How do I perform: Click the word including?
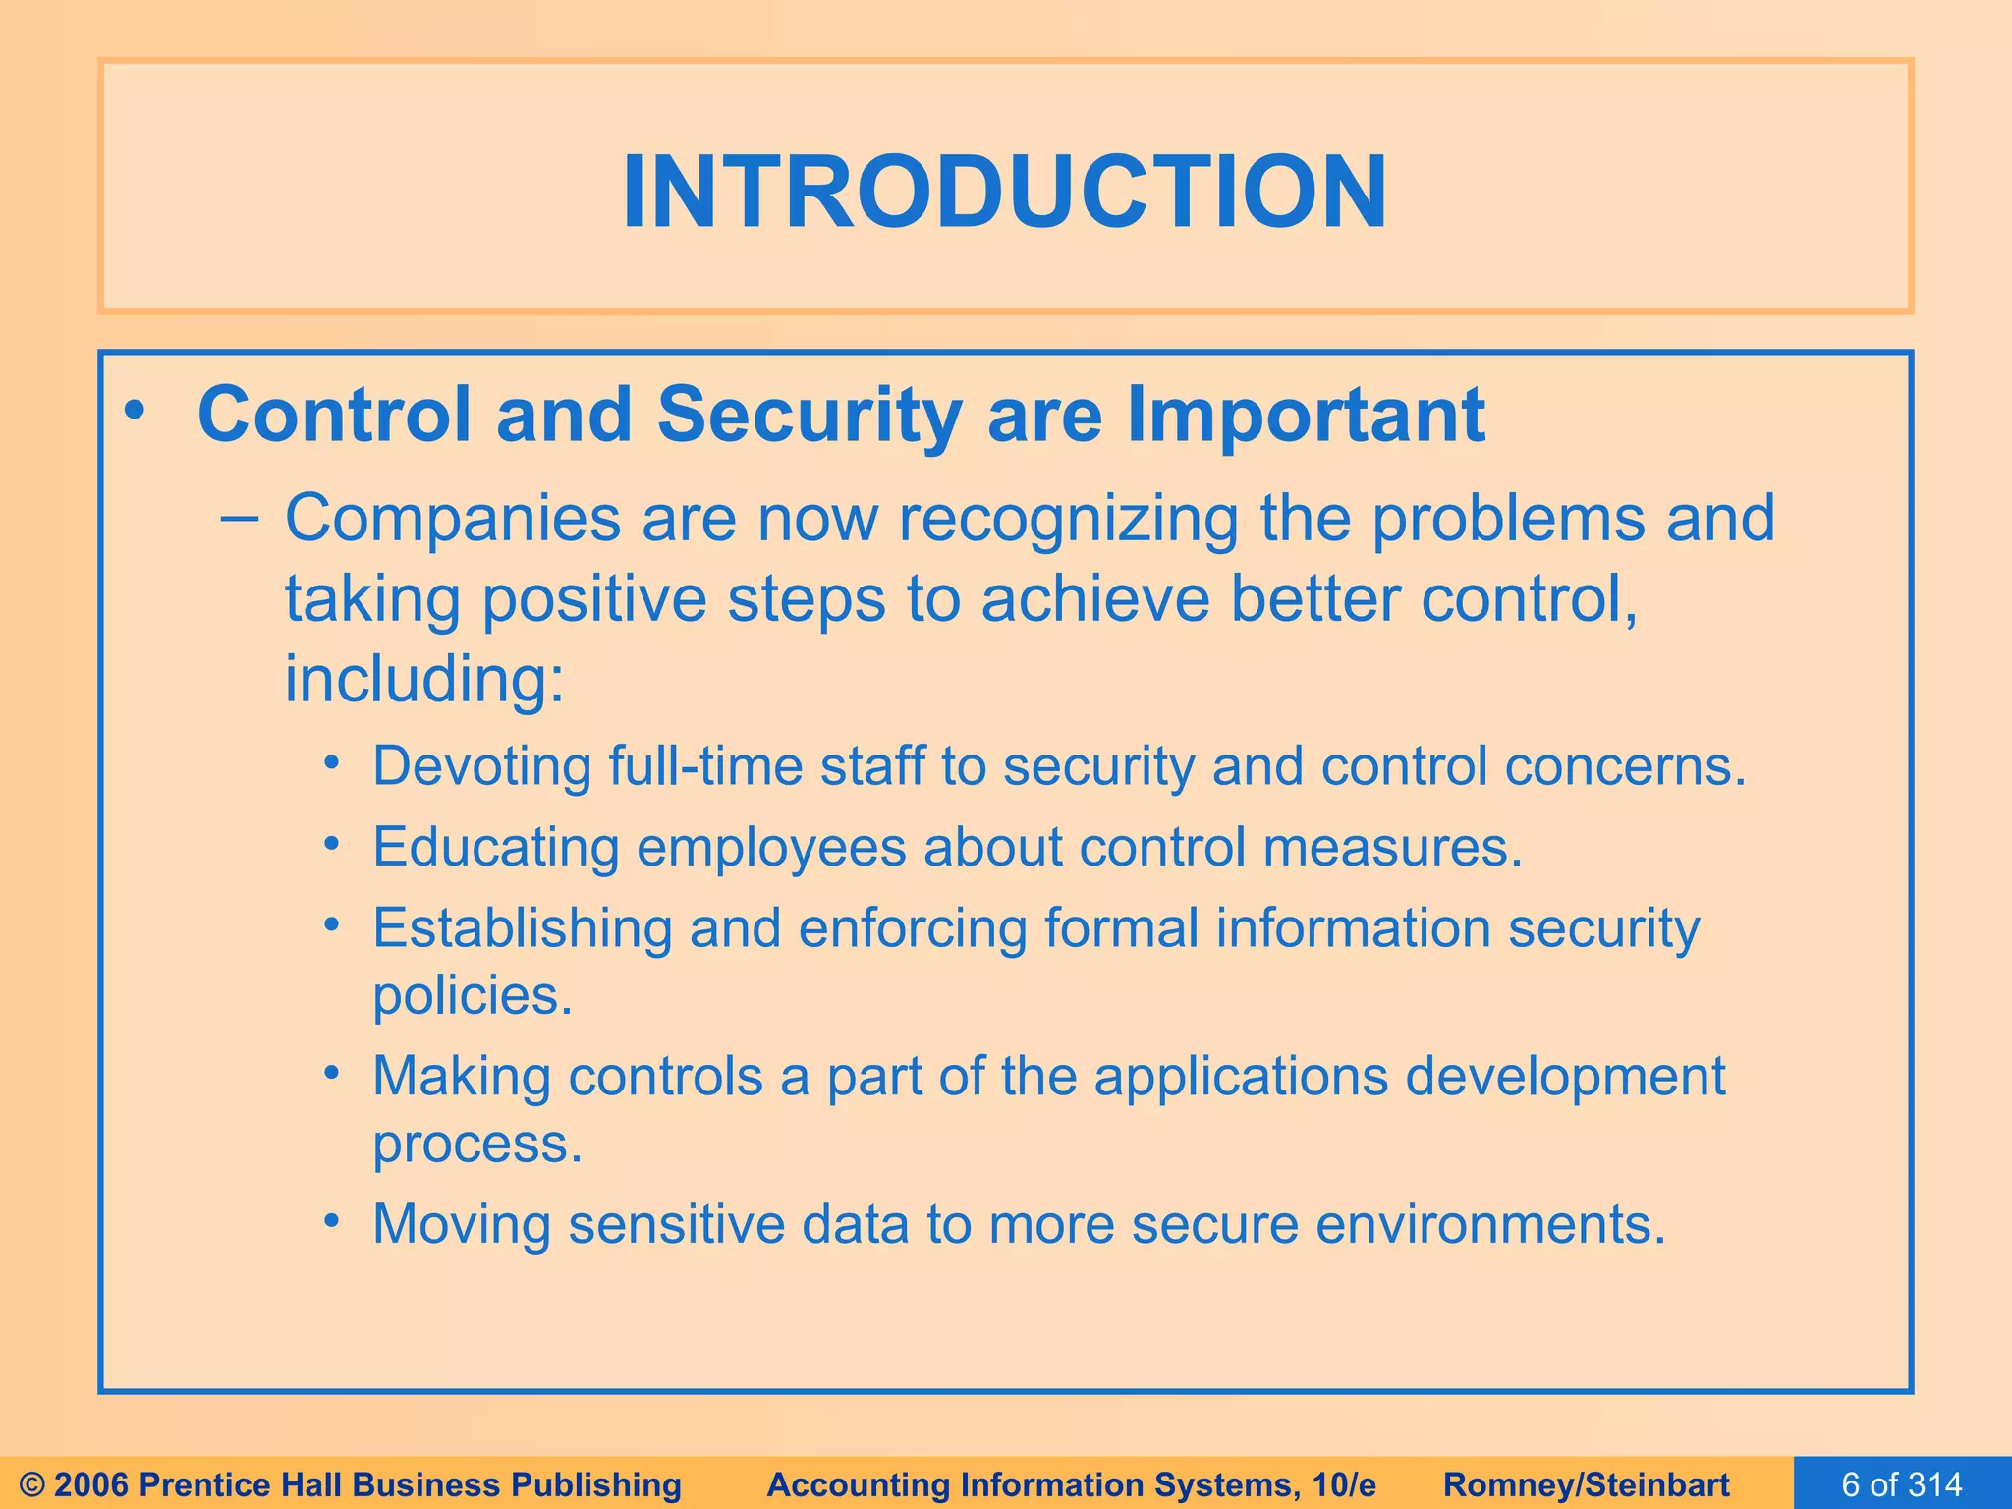[x=425, y=679]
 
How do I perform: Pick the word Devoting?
[x=481, y=766]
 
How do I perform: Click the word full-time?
[x=705, y=766]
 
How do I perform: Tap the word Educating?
[x=496, y=847]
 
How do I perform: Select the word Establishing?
[x=522, y=927]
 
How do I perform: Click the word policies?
[x=473, y=996]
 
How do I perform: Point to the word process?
[x=477, y=1144]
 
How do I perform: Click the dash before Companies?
[x=240, y=518]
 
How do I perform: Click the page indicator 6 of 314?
[x=1901, y=1483]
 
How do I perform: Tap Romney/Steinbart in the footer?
[x=1587, y=1484]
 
